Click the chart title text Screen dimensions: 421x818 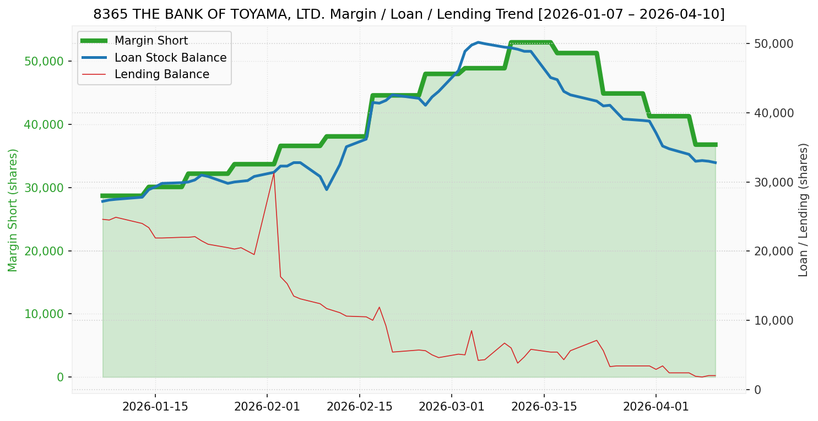tap(409, 14)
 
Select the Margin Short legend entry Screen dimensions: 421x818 tap(151, 41)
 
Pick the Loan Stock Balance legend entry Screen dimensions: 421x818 tap(170, 58)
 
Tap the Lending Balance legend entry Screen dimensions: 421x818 tap(161, 74)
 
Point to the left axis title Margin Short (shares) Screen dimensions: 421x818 tap(13, 210)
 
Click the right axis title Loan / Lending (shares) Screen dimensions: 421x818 tap(803, 210)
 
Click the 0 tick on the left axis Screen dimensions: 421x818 tap(59, 378)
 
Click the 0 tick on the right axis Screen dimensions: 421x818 tap(757, 390)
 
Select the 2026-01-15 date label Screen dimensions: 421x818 tap(155, 407)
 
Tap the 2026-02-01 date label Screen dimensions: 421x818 tap(267, 407)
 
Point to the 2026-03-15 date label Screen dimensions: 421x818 tap(544, 407)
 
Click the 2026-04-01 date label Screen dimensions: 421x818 tap(656, 407)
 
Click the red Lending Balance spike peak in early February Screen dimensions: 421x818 tap(274, 172)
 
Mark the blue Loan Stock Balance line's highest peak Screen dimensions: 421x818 tap(478, 42)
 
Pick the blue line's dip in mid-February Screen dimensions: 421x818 tap(327, 189)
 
